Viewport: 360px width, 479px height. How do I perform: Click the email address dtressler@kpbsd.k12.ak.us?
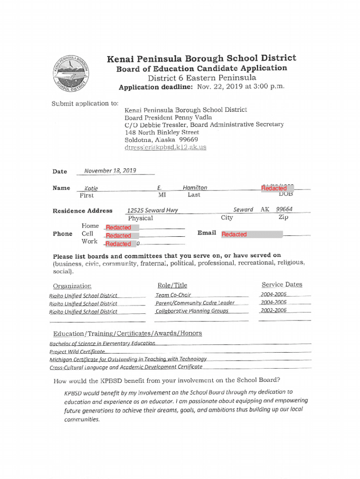coord(165,147)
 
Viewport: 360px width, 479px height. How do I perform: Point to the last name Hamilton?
coord(195,188)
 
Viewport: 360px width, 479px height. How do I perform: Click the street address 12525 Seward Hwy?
coord(152,210)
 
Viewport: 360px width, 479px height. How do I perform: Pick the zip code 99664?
coord(284,210)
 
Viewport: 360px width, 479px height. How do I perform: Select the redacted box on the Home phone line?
coord(118,227)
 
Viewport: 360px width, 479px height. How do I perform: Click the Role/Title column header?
coord(173,285)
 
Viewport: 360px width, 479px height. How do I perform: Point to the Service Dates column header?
coord(282,284)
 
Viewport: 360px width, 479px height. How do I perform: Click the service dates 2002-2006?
coord(274,311)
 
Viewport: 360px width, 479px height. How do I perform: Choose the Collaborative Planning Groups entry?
coord(192,311)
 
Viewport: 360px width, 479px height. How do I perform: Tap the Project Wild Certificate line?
coord(77,351)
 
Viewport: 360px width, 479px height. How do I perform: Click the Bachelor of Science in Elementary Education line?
coord(102,343)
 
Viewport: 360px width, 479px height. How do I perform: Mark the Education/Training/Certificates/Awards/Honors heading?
coord(128,333)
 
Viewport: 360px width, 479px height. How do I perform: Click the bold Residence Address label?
coord(83,210)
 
